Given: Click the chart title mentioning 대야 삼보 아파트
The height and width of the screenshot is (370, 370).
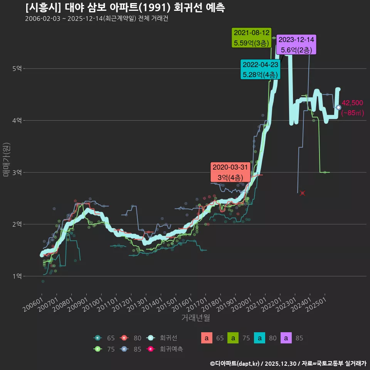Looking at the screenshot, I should click(125, 8).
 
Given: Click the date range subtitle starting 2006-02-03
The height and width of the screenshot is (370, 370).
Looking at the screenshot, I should click(96, 18).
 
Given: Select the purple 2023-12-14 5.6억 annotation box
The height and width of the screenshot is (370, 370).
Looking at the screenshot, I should click(296, 45).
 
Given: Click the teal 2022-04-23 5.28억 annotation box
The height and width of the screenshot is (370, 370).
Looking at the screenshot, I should click(261, 69).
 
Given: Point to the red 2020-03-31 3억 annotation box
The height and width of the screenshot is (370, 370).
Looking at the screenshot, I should click(230, 172).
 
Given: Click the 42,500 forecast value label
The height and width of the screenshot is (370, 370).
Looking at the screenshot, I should click(352, 103).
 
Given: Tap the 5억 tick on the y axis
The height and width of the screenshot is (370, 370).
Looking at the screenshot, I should click(17, 69).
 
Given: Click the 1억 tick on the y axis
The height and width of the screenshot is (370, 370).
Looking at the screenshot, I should click(17, 276).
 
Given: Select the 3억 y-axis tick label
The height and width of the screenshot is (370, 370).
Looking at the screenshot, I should click(17, 172).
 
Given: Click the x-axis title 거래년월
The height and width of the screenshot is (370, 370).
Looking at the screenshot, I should click(195, 318).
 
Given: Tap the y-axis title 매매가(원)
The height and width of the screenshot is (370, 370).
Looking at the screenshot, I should click(6, 160).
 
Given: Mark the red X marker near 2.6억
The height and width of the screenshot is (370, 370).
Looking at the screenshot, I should click(303, 193).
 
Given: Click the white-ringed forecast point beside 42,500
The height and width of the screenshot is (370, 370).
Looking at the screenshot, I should click(338, 107).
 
